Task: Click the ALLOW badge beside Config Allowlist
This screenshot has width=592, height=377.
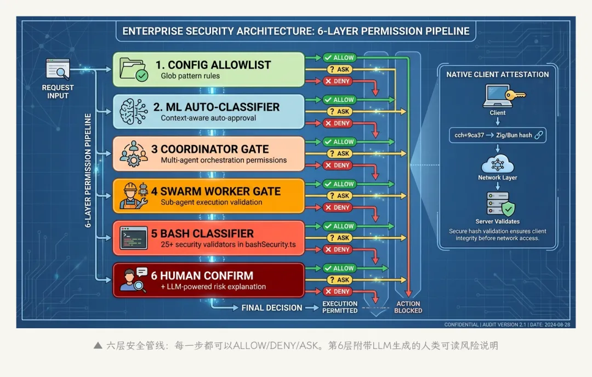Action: (x=339, y=58)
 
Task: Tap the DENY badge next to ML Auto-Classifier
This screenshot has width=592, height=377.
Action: (x=337, y=123)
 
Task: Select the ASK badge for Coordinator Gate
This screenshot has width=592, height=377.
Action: (x=339, y=153)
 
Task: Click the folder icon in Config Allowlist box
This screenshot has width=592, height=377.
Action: (x=134, y=70)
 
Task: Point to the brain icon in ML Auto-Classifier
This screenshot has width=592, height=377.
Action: (x=134, y=111)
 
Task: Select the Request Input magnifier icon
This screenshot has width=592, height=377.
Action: (x=58, y=70)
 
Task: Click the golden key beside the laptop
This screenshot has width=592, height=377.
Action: (x=516, y=95)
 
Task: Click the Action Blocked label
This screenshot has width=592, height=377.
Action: (x=408, y=307)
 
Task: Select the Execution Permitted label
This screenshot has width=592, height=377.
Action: (x=340, y=307)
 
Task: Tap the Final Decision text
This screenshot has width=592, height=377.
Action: (x=272, y=308)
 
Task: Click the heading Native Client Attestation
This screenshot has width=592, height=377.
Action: (x=497, y=75)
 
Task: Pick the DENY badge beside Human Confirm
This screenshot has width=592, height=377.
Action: (x=337, y=292)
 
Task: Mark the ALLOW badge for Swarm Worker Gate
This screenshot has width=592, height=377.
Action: (x=339, y=184)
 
